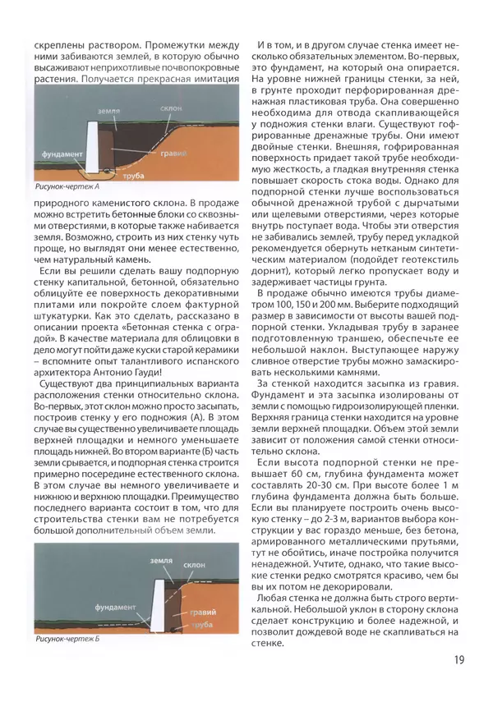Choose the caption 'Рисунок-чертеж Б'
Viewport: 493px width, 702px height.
67,637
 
